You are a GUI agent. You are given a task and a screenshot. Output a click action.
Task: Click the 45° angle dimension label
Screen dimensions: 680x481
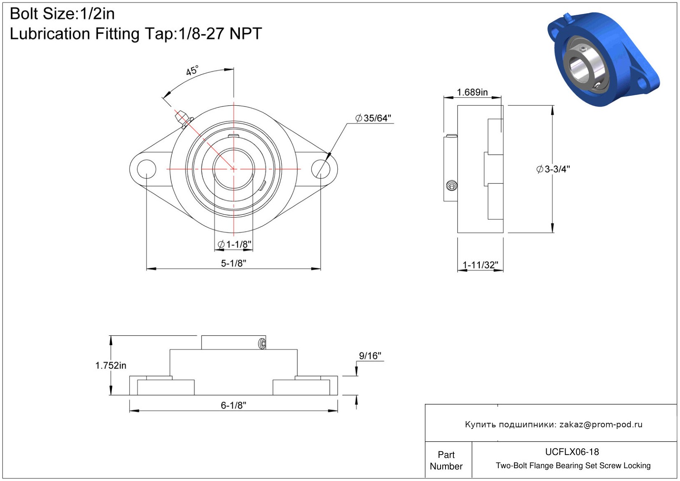click(x=192, y=71)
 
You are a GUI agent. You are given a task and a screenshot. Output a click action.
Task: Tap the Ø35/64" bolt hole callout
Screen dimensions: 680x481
click(x=373, y=118)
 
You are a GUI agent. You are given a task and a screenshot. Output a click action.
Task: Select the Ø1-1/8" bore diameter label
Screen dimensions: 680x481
click(x=235, y=244)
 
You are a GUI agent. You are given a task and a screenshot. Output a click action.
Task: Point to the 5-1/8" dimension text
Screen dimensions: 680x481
click(x=233, y=263)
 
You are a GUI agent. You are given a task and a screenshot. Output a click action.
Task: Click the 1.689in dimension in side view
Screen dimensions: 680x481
click(x=472, y=92)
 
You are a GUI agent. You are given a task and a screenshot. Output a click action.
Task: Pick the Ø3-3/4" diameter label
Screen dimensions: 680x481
click(x=553, y=169)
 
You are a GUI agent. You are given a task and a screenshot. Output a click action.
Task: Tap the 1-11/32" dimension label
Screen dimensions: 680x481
click(x=480, y=265)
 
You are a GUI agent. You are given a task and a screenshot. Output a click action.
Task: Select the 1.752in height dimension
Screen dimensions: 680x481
click(x=111, y=365)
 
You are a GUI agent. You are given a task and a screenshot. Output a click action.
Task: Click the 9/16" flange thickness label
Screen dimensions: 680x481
click(x=370, y=355)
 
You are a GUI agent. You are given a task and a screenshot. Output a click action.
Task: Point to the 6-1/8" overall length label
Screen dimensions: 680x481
click(x=233, y=405)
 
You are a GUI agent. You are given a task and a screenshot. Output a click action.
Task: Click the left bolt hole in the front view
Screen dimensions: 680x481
click(x=147, y=169)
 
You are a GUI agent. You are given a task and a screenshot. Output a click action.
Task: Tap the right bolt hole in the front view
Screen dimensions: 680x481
click(x=320, y=169)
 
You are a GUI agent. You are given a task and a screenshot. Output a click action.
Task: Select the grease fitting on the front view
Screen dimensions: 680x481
click(x=183, y=119)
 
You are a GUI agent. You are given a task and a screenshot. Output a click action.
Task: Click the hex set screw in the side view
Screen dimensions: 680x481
click(x=452, y=185)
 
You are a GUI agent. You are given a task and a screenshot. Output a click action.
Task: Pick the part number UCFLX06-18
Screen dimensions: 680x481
click(x=572, y=452)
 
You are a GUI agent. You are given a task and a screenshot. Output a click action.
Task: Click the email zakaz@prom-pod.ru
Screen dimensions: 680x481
click(x=601, y=424)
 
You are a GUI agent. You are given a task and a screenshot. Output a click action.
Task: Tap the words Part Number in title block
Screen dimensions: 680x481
click(x=446, y=460)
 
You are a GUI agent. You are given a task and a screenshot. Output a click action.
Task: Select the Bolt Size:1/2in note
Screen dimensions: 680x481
click(x=62, y=14)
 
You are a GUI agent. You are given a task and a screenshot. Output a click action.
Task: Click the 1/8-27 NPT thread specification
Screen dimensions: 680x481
click(x=220, y=33)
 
